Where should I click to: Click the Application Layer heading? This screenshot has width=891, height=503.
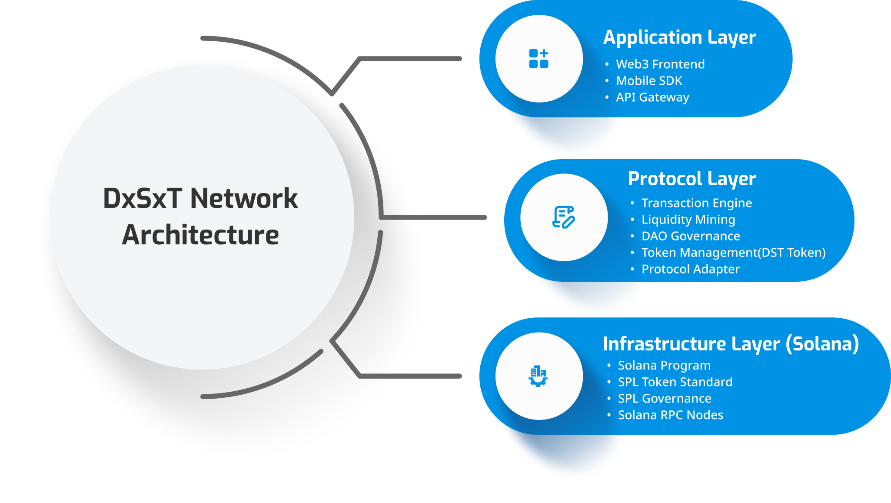(x=679, y=38)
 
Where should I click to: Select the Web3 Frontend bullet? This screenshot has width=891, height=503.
(x=660, y=64)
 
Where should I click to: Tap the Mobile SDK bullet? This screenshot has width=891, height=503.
(x=649, y=81)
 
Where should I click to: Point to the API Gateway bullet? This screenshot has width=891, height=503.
(x=652, y=97)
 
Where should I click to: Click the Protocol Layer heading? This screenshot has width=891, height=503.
(x=692, y=179)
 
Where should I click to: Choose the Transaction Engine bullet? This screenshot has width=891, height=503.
(x=696, y=203)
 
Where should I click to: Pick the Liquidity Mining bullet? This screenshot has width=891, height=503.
(x=688, y=220)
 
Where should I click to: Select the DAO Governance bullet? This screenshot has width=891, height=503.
(x=691, y=236)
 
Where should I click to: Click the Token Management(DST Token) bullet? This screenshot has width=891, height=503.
(x=733, y=253)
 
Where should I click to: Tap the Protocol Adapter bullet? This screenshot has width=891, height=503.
(x=690, y=269)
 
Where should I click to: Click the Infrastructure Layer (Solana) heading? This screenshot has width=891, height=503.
(x=731, y=344)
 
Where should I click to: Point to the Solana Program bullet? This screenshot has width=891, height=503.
(x=664, y=366)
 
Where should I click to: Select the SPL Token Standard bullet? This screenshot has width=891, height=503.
(x=675, y=382)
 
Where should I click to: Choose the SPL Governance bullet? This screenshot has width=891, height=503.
(x=665, y=399)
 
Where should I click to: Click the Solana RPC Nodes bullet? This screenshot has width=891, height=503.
(x=671, y=415)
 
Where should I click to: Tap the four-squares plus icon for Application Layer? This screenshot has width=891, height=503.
(x=539, y=59)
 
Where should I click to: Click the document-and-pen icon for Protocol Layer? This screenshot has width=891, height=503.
(x=563, y=217)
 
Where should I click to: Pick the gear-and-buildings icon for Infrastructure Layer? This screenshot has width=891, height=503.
(x=538, y=376)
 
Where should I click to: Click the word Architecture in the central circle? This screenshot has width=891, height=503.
(x=200, y=235)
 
